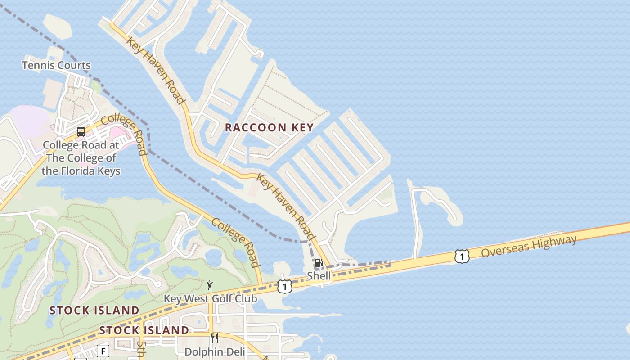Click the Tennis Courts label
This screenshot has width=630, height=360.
[x=56, y=66]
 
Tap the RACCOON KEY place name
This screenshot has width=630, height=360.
[x=269, y=128]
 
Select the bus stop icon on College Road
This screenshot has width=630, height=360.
[x=81, y=132]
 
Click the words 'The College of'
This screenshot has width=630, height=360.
[x=81, y=158]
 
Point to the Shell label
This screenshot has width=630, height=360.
[x=319, y=276]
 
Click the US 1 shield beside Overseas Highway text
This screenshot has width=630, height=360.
[x=462, y=256]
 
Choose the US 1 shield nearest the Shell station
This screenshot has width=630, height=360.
[x=284, y=287]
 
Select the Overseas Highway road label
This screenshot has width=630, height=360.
[x=529, y=246]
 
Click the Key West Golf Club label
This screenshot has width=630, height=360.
[x=210, y=299]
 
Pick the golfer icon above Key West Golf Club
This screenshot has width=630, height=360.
[x=210, y=285]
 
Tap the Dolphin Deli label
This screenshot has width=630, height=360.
[x=215, y=352]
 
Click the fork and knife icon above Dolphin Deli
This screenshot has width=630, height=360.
[x=215, y=338]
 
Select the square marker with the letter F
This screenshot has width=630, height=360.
[x=103, y=351]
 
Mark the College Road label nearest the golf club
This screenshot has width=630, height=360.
[x=236, y=243]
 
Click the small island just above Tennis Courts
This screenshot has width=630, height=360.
[x=58, y=26]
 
